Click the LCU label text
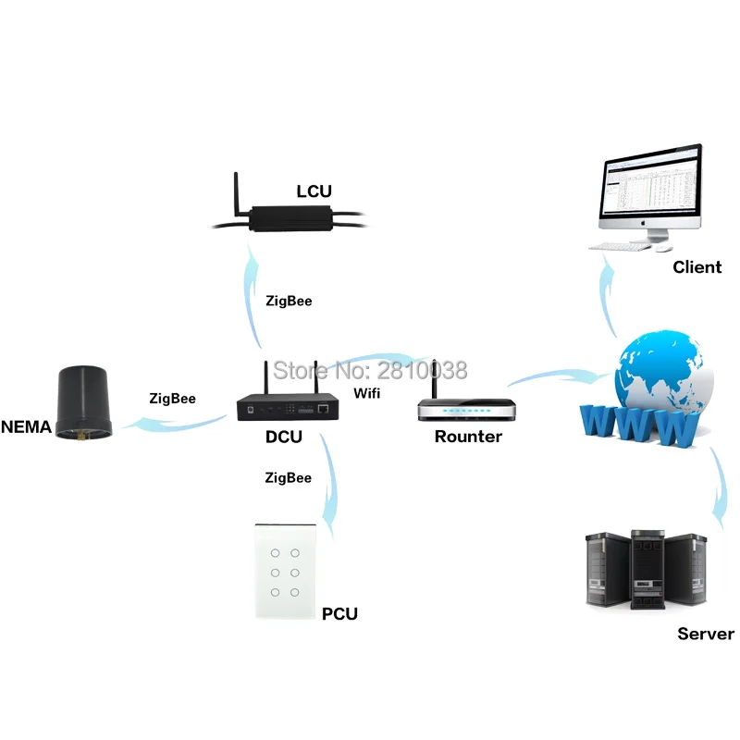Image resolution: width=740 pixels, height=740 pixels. (x=314, y=191)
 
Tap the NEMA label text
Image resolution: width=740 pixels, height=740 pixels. (x=27, y=426)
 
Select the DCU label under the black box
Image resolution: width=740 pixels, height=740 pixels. (x=284, y=437)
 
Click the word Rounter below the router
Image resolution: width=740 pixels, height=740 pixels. (x=468, y=437)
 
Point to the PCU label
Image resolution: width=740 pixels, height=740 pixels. (x=339, y=613)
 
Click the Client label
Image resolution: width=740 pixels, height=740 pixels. (x=697, y=267)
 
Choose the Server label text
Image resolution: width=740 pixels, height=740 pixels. (x=706, y=634)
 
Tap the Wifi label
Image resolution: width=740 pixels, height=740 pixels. (x=366, y=393)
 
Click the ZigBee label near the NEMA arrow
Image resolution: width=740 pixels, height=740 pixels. (x=172, y=399)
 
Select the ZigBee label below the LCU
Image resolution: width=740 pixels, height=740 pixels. (x=289, y=302)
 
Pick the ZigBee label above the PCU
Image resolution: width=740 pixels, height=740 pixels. (x=288, y=478)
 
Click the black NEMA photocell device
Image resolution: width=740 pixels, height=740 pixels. (x=84, y=402)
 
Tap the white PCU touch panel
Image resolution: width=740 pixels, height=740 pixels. (x=285, y=572)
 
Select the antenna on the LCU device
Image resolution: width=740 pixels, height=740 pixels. (x=237, y=194)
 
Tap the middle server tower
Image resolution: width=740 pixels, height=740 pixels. (x=648, y=569)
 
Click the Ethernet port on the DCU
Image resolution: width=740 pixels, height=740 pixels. (x=323, y=409)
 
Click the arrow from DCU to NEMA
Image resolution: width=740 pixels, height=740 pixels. (x=174, y=424)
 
